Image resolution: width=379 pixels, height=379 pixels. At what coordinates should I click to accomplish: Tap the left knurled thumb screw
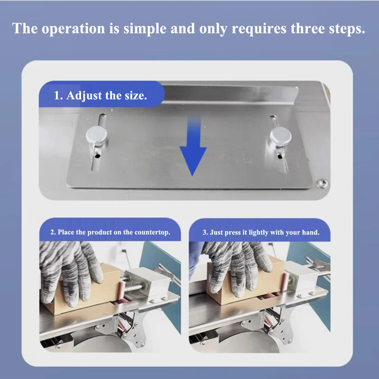97,136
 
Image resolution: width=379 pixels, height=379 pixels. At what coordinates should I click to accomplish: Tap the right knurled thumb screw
280,136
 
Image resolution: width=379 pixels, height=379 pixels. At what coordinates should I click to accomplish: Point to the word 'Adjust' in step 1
84,96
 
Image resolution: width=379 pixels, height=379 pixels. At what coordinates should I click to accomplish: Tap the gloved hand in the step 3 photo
238,266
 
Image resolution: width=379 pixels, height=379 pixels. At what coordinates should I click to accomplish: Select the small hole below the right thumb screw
280,156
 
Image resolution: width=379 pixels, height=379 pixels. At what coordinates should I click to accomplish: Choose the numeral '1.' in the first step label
58,96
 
